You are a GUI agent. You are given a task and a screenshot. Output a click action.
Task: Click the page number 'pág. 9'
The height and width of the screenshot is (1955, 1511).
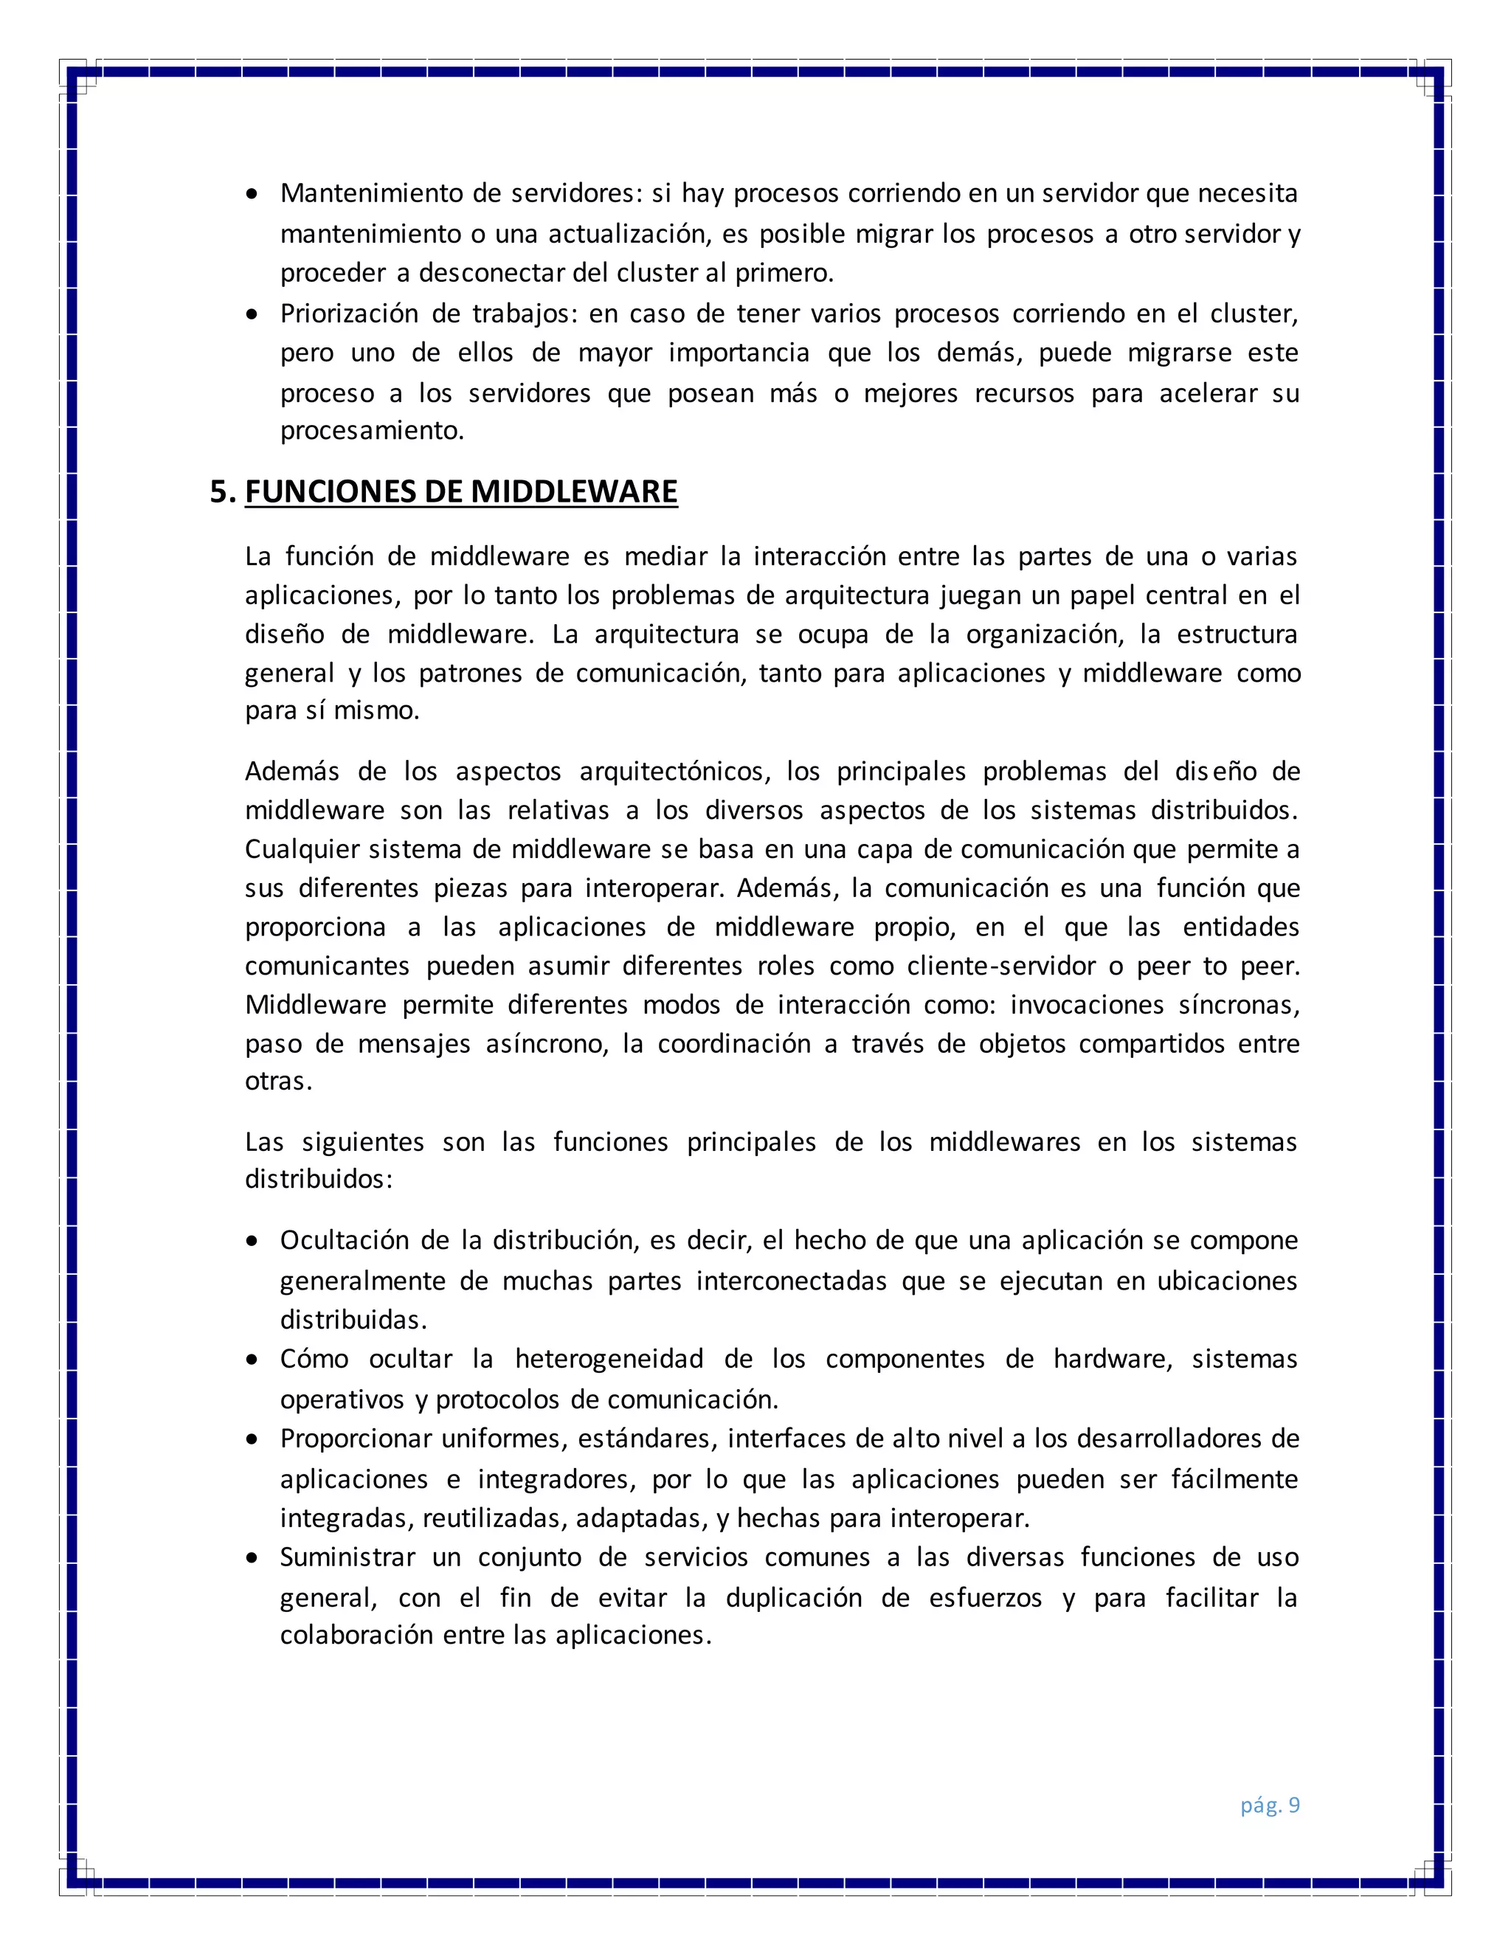[x=1269, y=1805]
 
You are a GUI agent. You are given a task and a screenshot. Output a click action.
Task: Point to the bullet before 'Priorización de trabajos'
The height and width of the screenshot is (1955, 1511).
[x=255, y=315]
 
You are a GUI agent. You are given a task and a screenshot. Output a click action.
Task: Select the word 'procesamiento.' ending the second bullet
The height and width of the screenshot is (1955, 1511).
[x=373, y=431]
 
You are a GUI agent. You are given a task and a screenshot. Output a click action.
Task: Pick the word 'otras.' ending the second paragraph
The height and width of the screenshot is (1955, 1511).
[x=278, y=1082]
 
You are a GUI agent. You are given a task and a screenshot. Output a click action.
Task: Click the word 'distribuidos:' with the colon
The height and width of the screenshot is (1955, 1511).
[x=319, y=1179]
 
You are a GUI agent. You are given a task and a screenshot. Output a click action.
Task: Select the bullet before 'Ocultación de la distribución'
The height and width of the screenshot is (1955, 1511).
[x=255, y=1242]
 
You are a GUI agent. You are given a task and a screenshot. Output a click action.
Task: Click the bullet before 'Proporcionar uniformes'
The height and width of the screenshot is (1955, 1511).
[x=255, y=1439]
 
